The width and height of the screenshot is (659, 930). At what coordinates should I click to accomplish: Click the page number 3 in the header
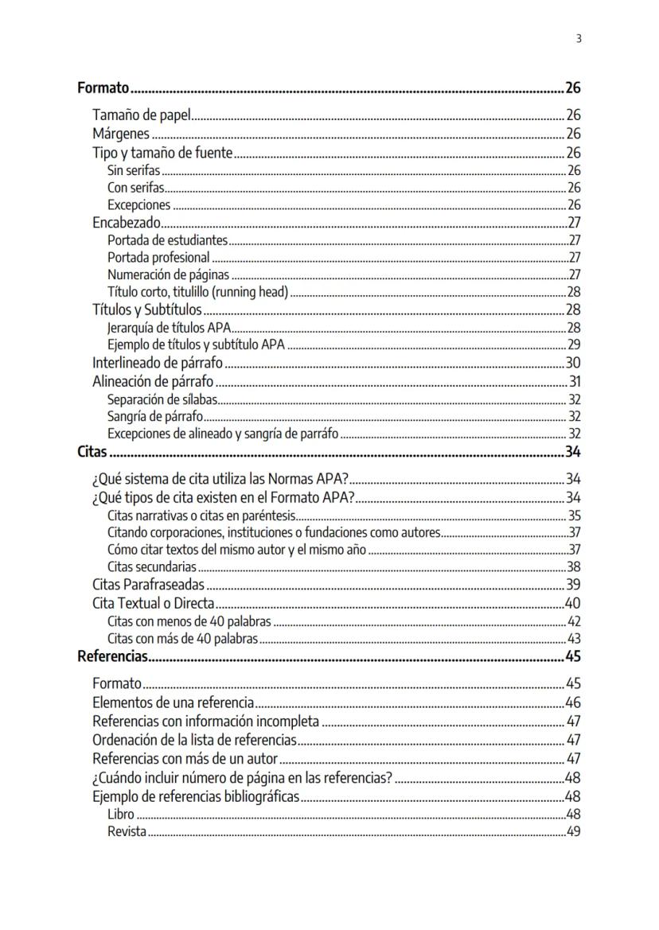[579, 38]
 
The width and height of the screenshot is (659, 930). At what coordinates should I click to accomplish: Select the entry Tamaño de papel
[142, 115]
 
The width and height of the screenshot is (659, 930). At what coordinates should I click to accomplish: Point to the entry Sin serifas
[134, 170]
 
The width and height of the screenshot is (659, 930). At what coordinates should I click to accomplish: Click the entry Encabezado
[127, 223]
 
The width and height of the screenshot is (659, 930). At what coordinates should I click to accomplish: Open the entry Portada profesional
[158, 257]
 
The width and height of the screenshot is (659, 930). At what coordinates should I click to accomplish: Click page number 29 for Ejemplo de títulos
[574, 344]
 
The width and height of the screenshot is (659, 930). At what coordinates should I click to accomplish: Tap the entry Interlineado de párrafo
[158, 363]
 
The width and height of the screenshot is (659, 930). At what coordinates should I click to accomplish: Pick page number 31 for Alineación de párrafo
[575, 381]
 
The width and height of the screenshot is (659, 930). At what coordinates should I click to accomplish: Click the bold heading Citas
[92, 453]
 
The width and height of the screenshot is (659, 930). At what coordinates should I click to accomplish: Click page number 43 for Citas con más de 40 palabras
[574, 639]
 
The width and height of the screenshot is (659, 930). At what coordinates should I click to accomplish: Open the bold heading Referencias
[113, 656]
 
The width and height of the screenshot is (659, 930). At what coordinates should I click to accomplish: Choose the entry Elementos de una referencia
[174, 702]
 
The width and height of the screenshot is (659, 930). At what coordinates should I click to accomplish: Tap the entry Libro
[121, 815]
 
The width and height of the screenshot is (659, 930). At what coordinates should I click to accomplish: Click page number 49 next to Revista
[573, 832]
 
